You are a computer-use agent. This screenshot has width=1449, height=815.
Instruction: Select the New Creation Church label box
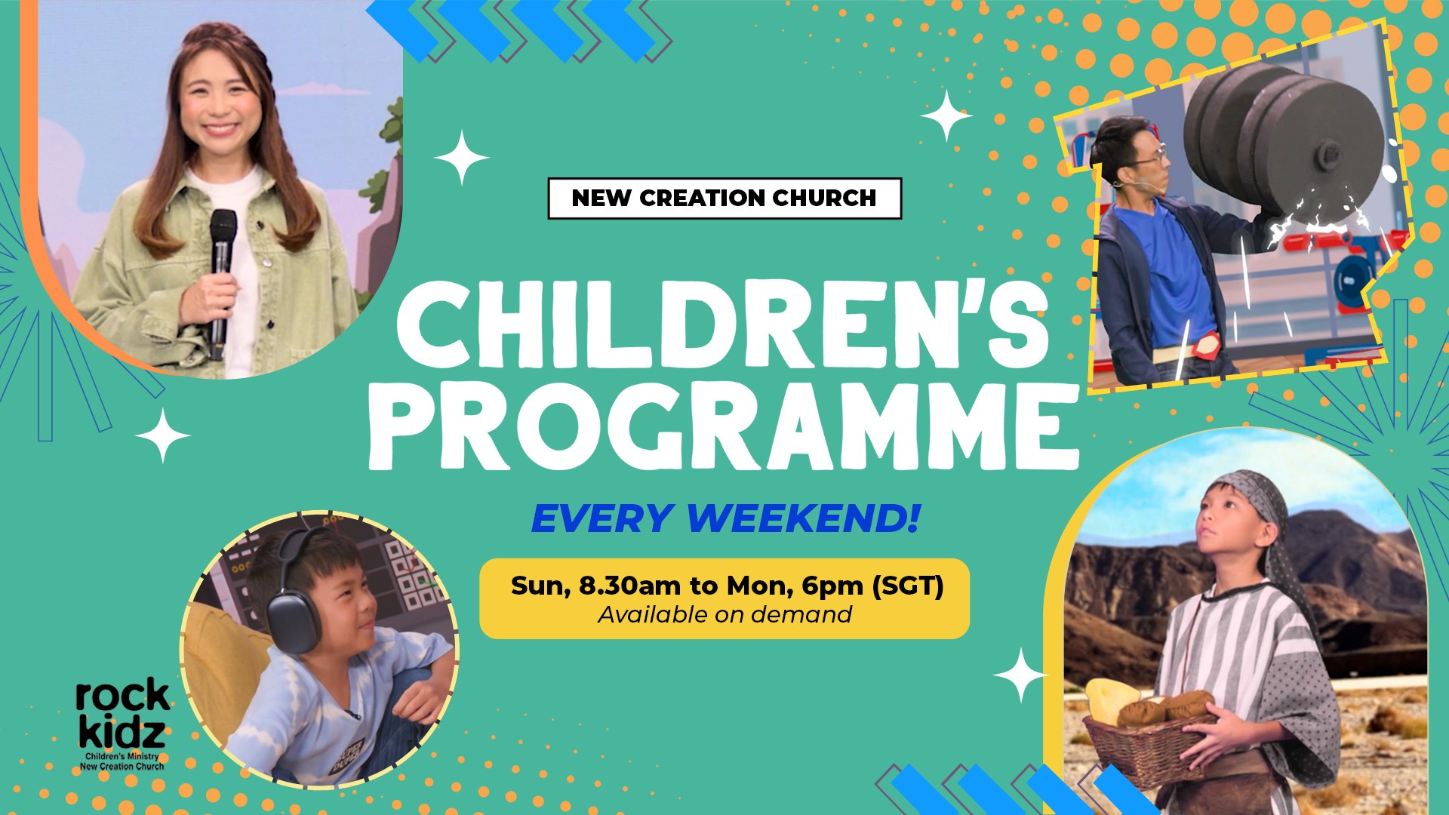coord(724,198)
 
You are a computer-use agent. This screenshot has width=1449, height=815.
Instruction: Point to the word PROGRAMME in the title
coord(723,426)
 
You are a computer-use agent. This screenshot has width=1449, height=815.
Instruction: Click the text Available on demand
coord(724,615)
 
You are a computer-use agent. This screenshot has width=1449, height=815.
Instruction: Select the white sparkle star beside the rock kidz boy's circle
coord(162,436)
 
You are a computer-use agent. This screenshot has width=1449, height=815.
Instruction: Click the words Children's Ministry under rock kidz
coord(122,756)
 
